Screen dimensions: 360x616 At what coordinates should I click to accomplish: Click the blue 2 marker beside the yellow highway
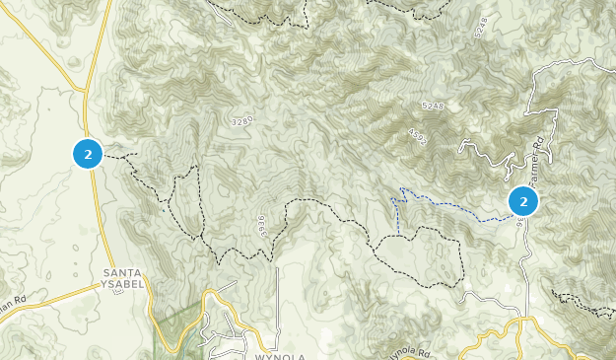tap(88, 154)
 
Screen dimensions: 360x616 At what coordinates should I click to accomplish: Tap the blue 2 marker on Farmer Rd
tap(522, 201)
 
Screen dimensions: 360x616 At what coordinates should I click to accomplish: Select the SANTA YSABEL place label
tap(123, 278)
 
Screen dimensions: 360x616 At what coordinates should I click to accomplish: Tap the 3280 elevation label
tap(243, 121)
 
